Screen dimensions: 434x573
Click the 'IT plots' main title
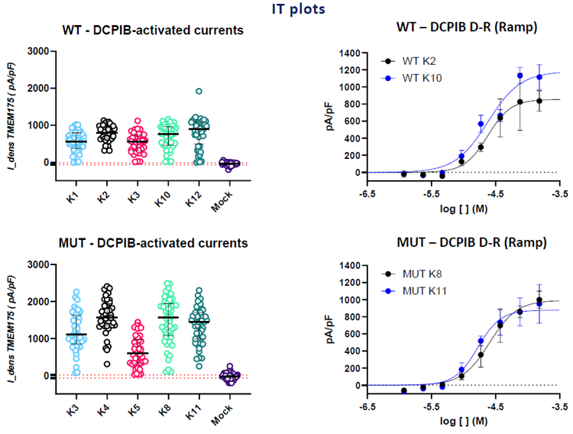[x=286, y=10]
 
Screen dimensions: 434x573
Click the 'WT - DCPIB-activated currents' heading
[x=153, y=31]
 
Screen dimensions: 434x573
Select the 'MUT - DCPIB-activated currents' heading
[x=151, y=244]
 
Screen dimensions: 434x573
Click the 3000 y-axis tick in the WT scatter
[x=37, y=52]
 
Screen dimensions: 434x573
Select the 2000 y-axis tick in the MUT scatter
[x=37, y=302]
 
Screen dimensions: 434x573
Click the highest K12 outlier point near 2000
[x=198, y=92]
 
